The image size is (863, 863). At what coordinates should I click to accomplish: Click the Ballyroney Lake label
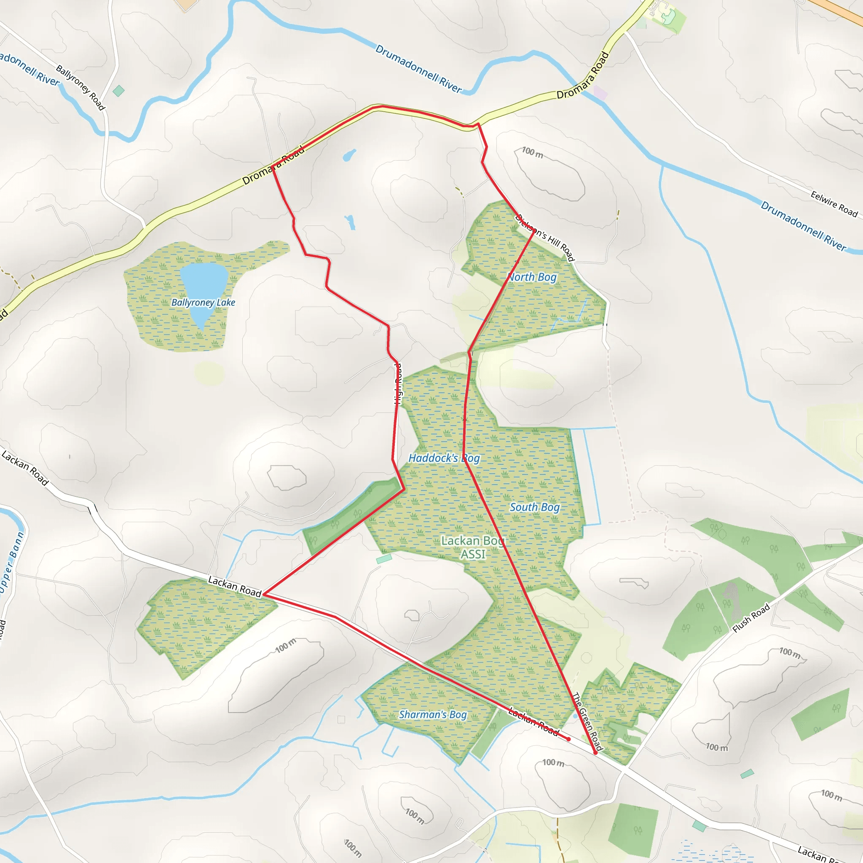tap(203, 303)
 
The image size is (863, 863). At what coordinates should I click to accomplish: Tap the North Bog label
tap(532, 277)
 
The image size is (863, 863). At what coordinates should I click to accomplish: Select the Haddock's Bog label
tap(444, 458)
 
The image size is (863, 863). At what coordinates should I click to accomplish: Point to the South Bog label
tap(535, 507)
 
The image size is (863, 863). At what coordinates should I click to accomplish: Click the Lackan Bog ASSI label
tap(473, 547)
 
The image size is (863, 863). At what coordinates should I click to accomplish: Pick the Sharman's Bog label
tap(432, 714)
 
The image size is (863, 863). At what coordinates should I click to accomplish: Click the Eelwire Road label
tap(834, 203)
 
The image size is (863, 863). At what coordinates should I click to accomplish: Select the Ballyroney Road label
tap(80, 87)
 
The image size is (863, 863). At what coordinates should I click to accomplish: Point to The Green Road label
tap(587, 721)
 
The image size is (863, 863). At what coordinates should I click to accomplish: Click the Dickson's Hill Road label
tap(545, 237)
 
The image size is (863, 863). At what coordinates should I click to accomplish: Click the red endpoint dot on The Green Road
tap(595, 753)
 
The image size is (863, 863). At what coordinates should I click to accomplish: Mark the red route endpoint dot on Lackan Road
tap(568, 739)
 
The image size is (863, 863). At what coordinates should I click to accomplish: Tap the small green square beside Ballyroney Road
tap(118, 91)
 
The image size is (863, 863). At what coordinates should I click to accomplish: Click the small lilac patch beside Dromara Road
tap(600, 93)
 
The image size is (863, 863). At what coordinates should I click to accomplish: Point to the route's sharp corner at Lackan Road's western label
tap(264, 594)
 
